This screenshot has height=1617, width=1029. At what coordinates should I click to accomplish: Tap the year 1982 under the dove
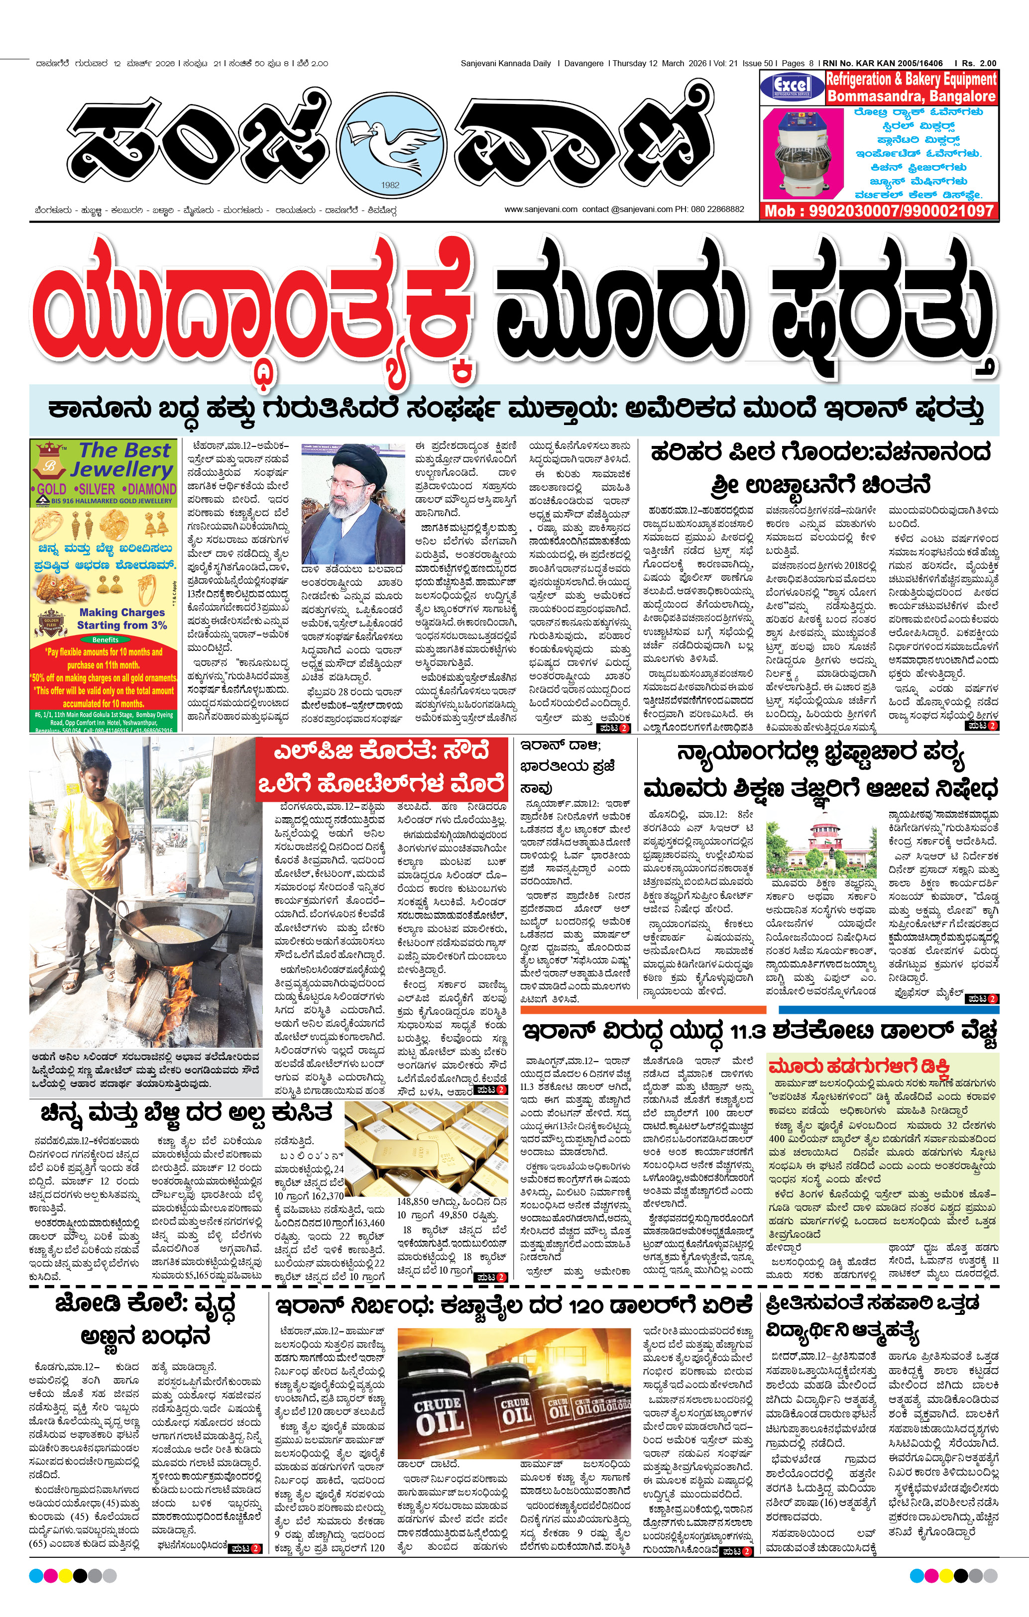click(390, 185)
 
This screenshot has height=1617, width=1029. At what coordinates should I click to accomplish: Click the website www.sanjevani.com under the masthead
click(541, 209)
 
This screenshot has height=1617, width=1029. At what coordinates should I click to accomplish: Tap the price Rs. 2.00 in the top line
click(979, 63)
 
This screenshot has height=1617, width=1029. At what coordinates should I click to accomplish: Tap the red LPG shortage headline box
click(381, 767)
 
